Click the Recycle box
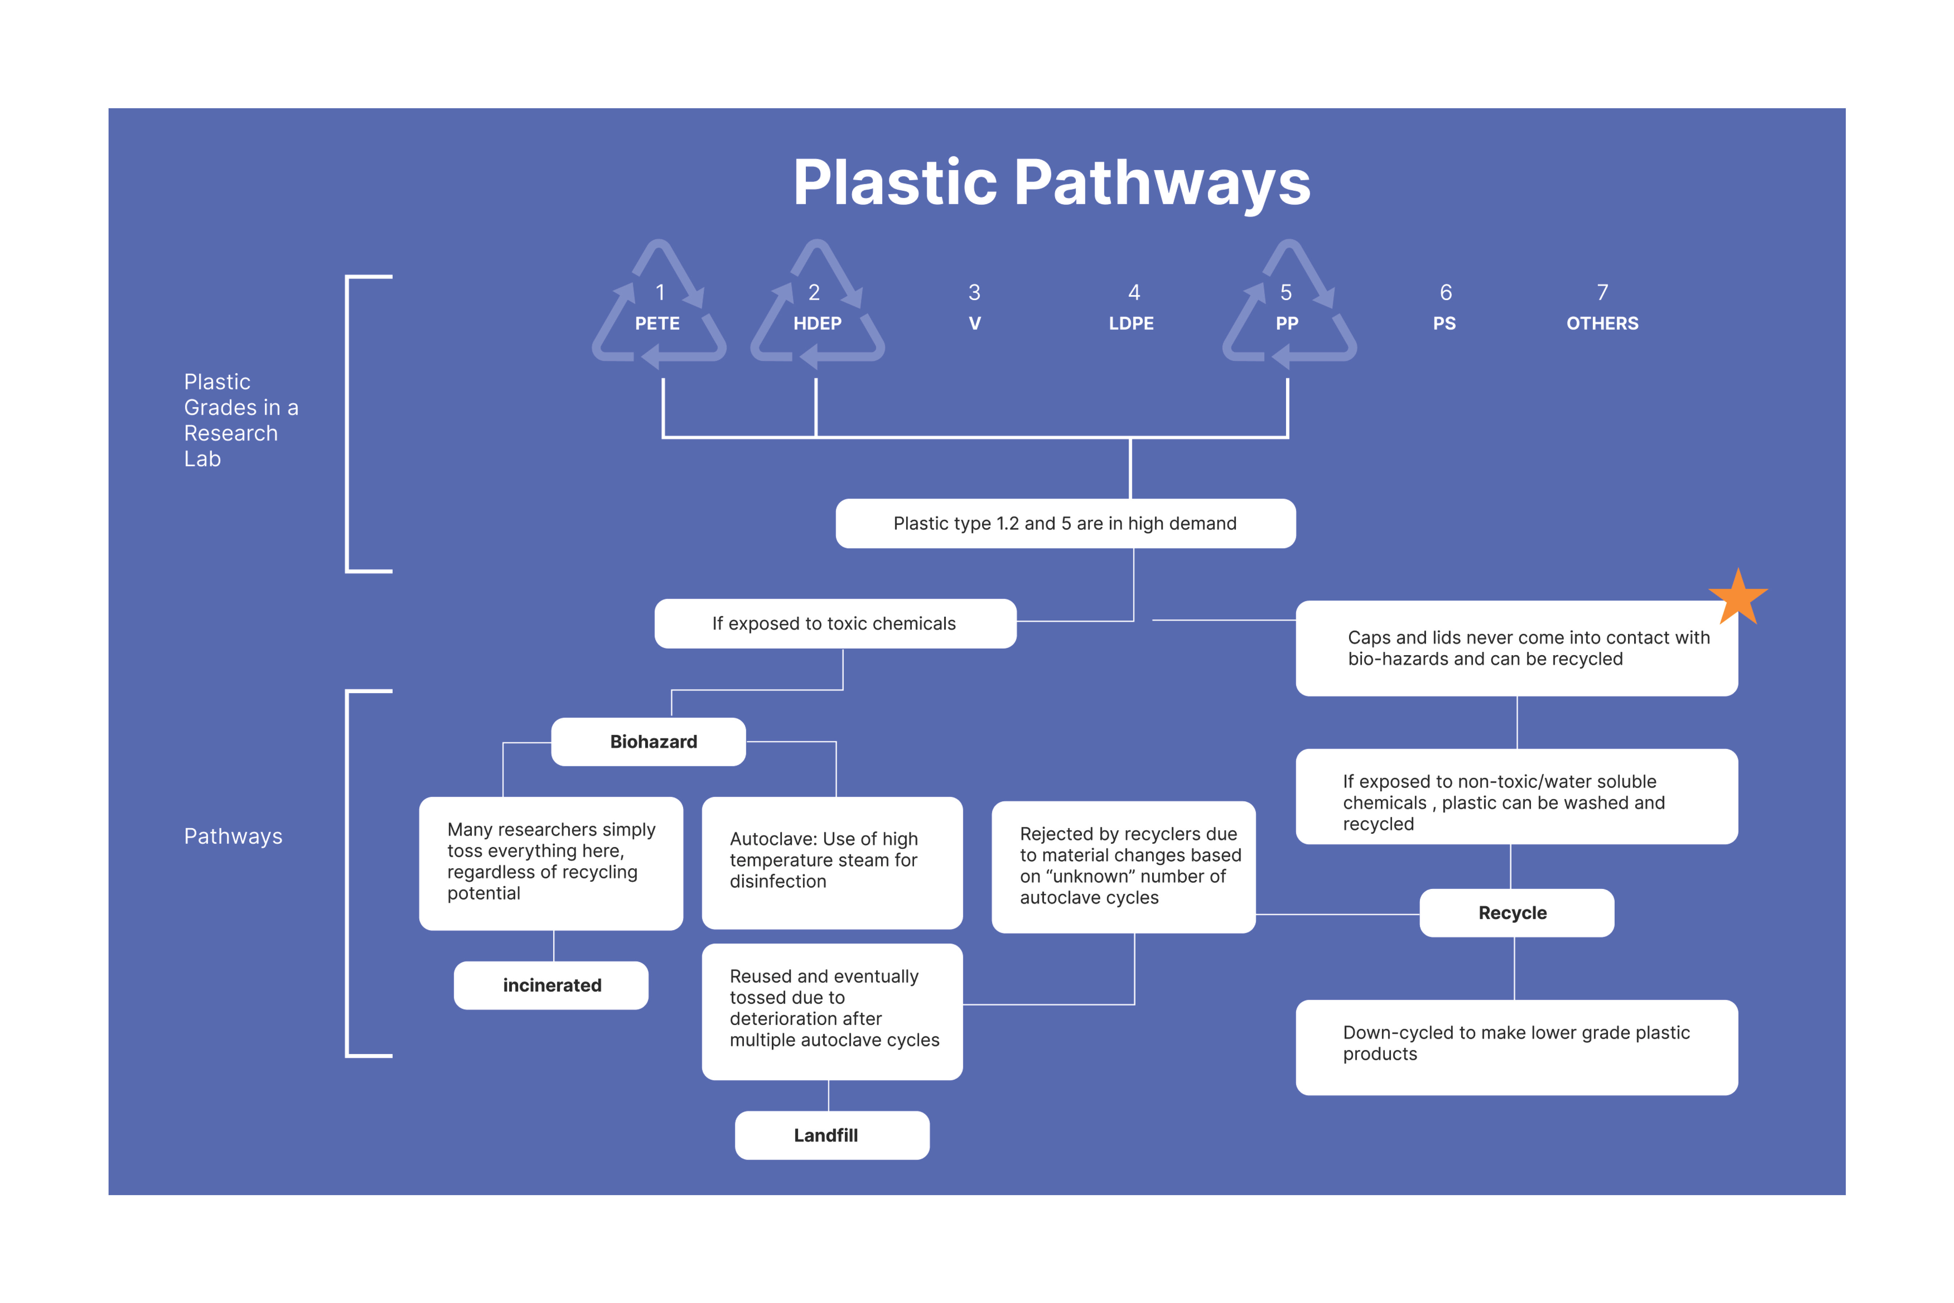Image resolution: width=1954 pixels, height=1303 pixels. [1516, 912]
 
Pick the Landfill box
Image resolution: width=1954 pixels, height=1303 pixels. [832, 1135]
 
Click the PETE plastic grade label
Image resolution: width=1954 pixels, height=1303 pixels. [657, 323]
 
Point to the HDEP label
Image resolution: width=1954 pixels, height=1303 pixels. [817, 323]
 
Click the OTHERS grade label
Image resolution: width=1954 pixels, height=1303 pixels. [1602, 323]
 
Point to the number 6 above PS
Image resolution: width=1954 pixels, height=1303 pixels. [1446, 292]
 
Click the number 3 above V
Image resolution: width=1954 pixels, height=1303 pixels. [974, 292]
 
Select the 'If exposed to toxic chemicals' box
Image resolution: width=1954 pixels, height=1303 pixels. [835, 623]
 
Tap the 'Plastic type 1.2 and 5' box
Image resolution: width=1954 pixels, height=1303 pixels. [1065, 523]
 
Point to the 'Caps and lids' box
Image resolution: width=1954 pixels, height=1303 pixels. [1516, 648]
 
